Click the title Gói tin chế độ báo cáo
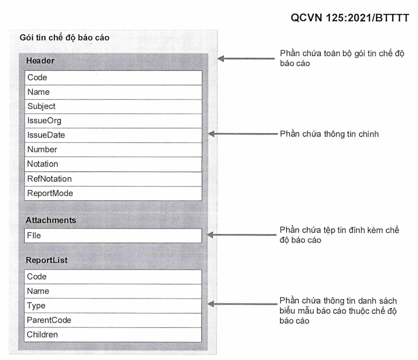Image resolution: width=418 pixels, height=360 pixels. point(64,38)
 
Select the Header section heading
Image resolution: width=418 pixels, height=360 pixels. point(40,61)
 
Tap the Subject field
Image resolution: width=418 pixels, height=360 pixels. point(113,107)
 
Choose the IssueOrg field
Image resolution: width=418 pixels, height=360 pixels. point(113,121)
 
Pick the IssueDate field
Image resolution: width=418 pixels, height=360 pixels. point(113,135)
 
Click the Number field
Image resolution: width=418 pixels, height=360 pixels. point(113,150)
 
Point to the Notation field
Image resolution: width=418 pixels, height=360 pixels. point(113,164)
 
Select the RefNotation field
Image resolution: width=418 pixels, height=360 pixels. point(113,179)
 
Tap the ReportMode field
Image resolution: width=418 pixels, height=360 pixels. point(113,194)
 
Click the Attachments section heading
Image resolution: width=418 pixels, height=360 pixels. point(51,220)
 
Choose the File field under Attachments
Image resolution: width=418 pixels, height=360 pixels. point(113,236)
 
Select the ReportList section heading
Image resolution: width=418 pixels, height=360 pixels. point(47,260)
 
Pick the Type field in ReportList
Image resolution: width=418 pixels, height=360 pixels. point(113,306)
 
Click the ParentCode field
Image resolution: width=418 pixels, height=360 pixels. point(113,320)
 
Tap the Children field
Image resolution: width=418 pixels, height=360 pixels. point(113,335)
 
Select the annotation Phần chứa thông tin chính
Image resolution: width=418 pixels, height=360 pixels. point(329,134)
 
